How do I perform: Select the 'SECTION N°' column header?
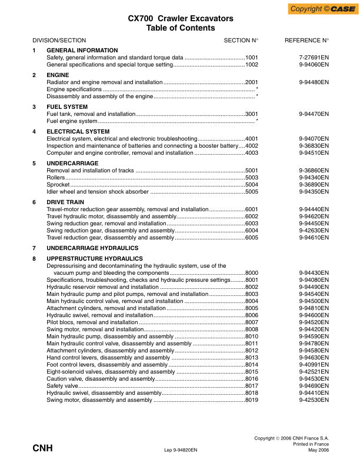tap(241, 40)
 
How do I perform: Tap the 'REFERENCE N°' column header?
tap(306, 40)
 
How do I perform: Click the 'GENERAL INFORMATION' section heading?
tap(82, 51)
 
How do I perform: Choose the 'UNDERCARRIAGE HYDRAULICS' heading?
tap(93, 248)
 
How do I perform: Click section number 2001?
tap(252, 82)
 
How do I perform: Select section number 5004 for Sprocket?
tap(252, 184)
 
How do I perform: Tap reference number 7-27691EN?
tap(314, 58)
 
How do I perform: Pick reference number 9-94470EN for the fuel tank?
tap(314, 114)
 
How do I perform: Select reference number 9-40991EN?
tap(314, 365)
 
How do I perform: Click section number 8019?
tap(252, 400)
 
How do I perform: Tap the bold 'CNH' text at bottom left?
tap(42, 448)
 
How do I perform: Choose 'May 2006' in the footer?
tap(318, 450)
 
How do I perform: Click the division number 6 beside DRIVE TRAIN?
tap(34, 202)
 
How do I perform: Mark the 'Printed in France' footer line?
tap(312, 444)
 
